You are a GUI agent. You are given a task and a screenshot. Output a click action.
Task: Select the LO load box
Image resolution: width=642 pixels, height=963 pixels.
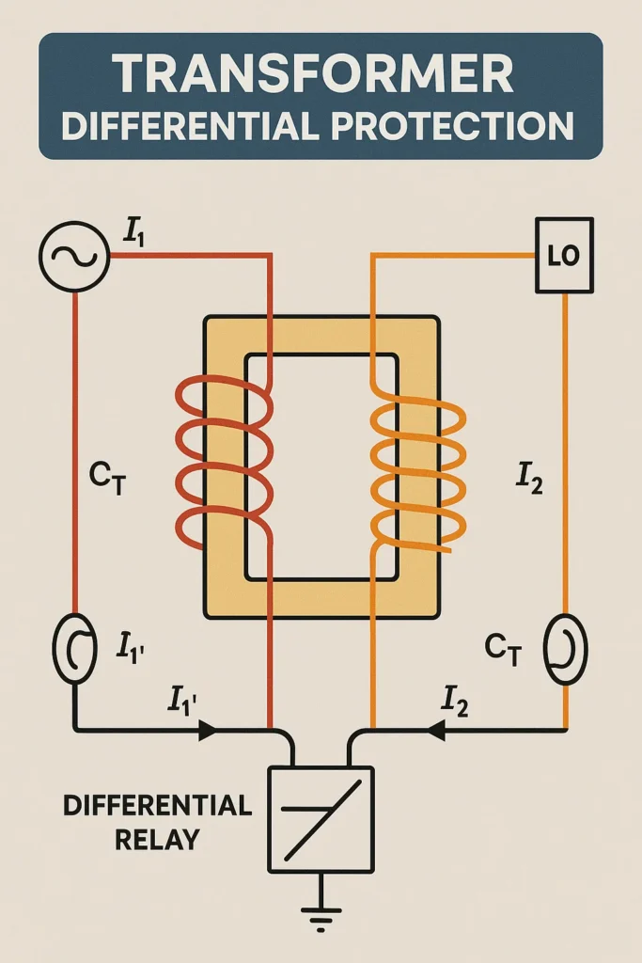point(564,256)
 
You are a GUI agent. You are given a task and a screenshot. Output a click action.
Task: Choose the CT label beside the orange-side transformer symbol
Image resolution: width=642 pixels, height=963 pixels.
point(503,648)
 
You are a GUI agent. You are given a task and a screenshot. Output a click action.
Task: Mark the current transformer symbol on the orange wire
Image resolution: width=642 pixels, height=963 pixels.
point(565,649)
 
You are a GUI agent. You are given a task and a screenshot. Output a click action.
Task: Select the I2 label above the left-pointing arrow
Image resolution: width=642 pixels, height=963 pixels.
point(456,701)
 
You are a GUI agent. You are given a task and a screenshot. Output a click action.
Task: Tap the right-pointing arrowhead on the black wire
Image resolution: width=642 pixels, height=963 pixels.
point(205,730)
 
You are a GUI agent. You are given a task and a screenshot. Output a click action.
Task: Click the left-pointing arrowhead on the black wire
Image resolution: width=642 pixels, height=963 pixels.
point(436,730)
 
